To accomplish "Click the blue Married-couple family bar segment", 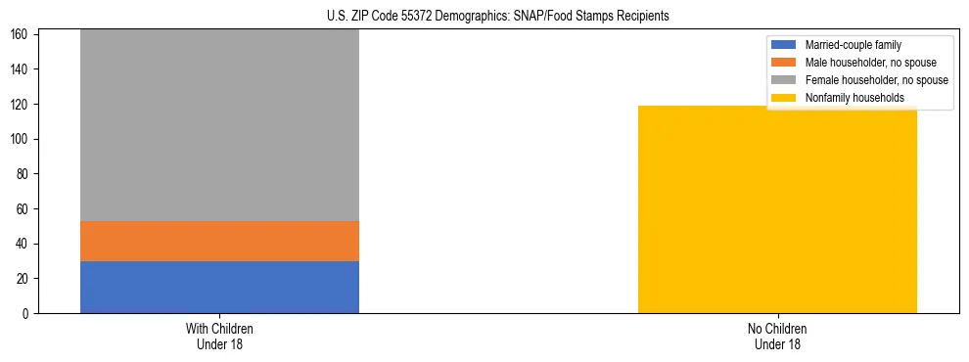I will [x=219, y=287].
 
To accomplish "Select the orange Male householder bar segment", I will [x=219, y=241].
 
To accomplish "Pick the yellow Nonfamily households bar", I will [x=777, y=209].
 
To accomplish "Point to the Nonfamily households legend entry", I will [x=854, y=98].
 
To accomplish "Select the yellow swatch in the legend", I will [x=785, y=98].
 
